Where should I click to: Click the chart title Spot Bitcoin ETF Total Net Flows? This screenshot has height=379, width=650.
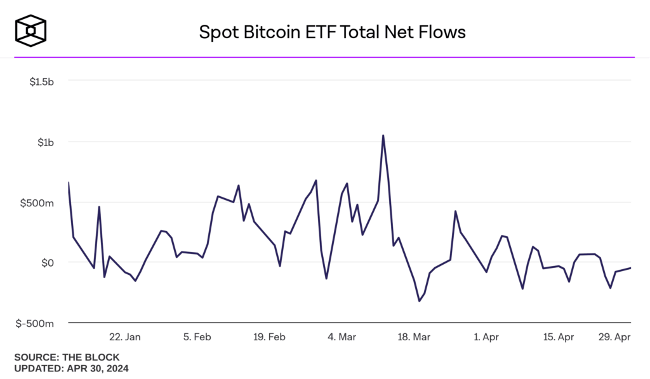click(333, 32)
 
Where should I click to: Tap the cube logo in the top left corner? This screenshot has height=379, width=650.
click(31, 30)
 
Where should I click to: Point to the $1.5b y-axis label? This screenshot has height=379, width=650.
click(41, 82)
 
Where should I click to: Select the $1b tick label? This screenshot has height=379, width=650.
click(46, 142)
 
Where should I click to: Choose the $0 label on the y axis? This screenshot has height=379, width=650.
click(48, 263)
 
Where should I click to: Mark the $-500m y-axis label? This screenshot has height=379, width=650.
click(36, 323)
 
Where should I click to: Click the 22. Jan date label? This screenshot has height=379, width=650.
click(124, 337)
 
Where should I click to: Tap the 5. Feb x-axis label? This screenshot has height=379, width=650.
click(197, 337)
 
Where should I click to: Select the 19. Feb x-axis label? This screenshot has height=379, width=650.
click(269, 337)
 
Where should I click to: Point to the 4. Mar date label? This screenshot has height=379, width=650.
click(342, 337)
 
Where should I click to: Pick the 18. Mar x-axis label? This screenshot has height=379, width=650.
click(413, 337)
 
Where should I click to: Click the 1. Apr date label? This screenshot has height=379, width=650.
click(486, 337)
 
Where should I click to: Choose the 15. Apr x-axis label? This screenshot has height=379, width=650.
click(558, 337)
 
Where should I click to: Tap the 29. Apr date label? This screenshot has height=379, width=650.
click(615, 337)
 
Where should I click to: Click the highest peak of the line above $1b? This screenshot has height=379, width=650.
click(383, 135)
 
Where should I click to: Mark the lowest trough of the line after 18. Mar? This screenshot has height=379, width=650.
click(419, 301)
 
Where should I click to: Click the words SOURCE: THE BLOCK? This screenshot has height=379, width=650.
click(67, 357)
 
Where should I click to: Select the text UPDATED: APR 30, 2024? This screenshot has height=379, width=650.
click(71, 368)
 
